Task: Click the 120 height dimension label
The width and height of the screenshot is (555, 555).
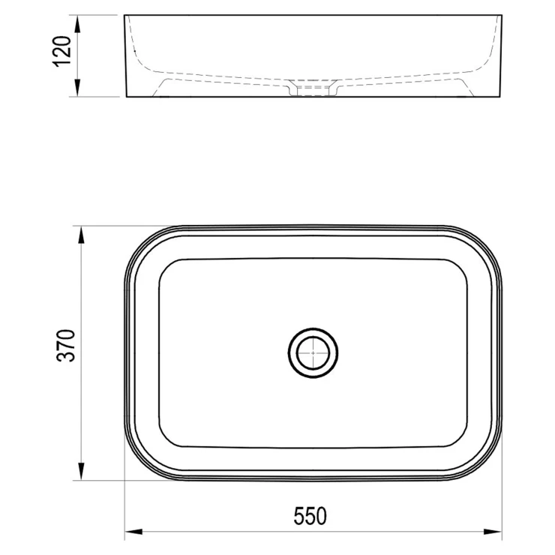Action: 62,51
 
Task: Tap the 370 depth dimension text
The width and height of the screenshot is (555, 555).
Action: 66,346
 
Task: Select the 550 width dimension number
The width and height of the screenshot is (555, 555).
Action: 310,516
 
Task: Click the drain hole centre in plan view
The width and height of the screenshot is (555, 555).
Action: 313,352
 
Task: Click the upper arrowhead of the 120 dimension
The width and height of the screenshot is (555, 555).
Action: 77,25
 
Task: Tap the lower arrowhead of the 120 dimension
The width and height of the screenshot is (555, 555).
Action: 77,87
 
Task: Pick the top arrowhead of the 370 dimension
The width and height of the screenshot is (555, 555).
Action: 81,235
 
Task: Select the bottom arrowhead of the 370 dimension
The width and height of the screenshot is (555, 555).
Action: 81,471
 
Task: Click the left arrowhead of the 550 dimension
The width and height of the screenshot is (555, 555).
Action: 134,532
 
